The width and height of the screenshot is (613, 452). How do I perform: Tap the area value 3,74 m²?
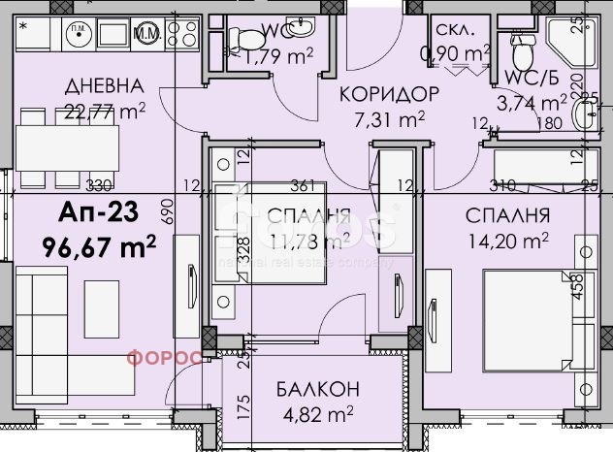[529, 101]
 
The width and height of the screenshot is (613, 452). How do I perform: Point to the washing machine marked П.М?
[75, 32]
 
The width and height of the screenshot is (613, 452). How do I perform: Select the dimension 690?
[166, 209]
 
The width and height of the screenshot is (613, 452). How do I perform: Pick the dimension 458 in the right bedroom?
[578, 290]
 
